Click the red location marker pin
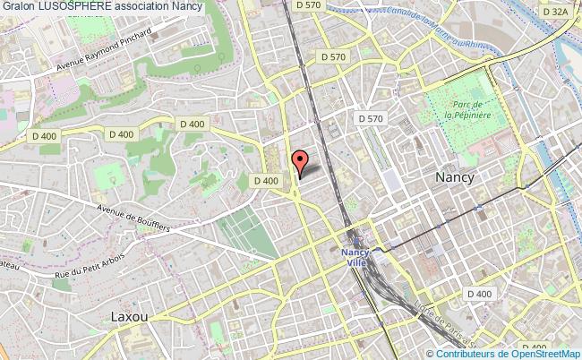(301, 162)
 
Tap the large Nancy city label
(454, 177)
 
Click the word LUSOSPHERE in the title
(76, 7)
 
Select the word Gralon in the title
(18, 7)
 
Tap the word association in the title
(142, 7)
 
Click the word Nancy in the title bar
(189, 7)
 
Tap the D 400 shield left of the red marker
(265, 180)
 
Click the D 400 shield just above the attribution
(535, 346)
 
